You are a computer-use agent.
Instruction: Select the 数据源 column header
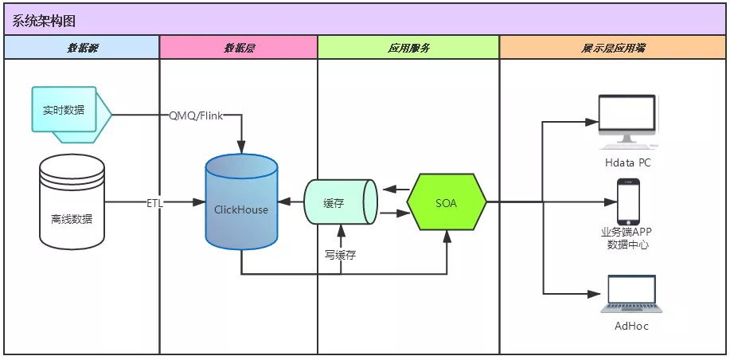click(82, 49)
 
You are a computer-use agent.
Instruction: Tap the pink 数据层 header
click(239, 49)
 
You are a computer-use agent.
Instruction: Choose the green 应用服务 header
click(408, 49)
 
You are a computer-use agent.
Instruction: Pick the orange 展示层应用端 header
click(613, 49)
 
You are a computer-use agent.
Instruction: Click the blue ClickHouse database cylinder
click(241, 203)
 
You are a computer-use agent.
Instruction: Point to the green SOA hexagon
click(447, 203)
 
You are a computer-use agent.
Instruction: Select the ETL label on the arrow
click(155, 203)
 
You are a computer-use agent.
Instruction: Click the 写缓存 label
click(340, 255)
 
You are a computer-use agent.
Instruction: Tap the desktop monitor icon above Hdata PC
click(627, 120)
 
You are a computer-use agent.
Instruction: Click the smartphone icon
click(628, 201)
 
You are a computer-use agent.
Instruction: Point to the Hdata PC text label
click(627, 163)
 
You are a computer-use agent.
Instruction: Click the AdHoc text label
click(631, 327)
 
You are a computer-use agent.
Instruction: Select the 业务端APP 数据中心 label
click(628, 238)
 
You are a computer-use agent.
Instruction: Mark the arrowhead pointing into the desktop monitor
click(592, 123)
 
